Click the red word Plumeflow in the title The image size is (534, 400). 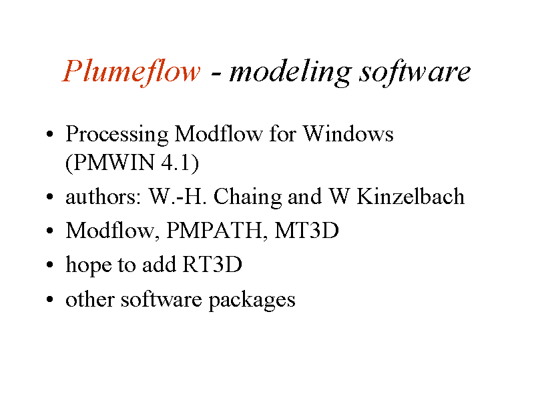point(131,72)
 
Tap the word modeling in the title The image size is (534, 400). point(290,72)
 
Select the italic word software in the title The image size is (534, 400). point(415,72)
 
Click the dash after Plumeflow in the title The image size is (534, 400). point(215,74)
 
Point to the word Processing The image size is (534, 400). point(117,135)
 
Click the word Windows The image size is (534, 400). point(348,133)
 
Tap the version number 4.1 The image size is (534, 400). point(176,162)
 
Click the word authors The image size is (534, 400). point(103,197)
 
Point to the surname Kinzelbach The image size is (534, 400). point(411,196)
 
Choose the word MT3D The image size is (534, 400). point(306,230)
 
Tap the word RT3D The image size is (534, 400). point(212,264)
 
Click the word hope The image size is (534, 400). point(89,265)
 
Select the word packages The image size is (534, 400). point(252,301)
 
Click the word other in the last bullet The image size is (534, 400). point(90,299)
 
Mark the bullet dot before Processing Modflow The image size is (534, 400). point(49,134)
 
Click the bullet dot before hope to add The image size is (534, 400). point(49,264)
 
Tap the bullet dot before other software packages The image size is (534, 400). point(49,299)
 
